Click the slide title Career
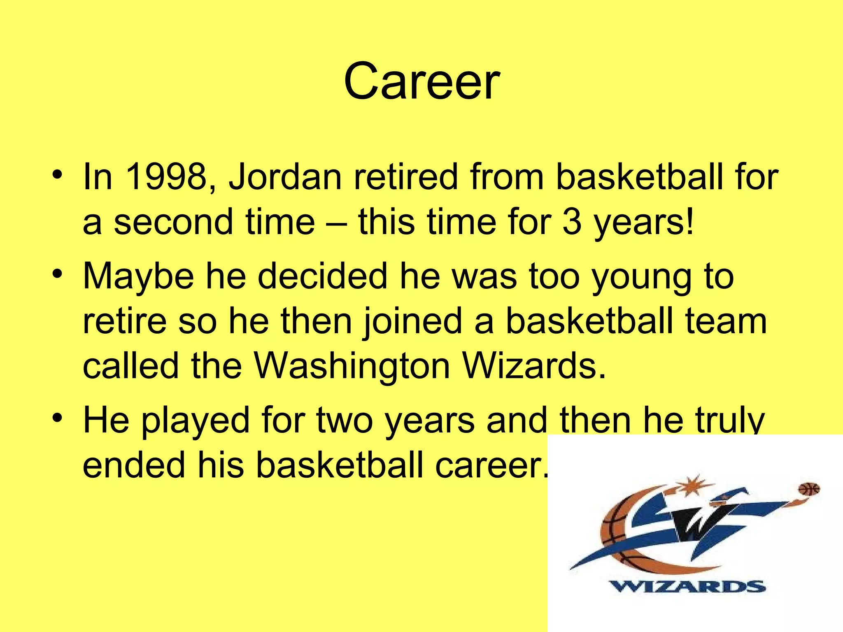421,81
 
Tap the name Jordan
285,177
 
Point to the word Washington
352,366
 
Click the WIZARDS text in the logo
687,586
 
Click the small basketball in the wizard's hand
809,489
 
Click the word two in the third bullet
345,421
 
